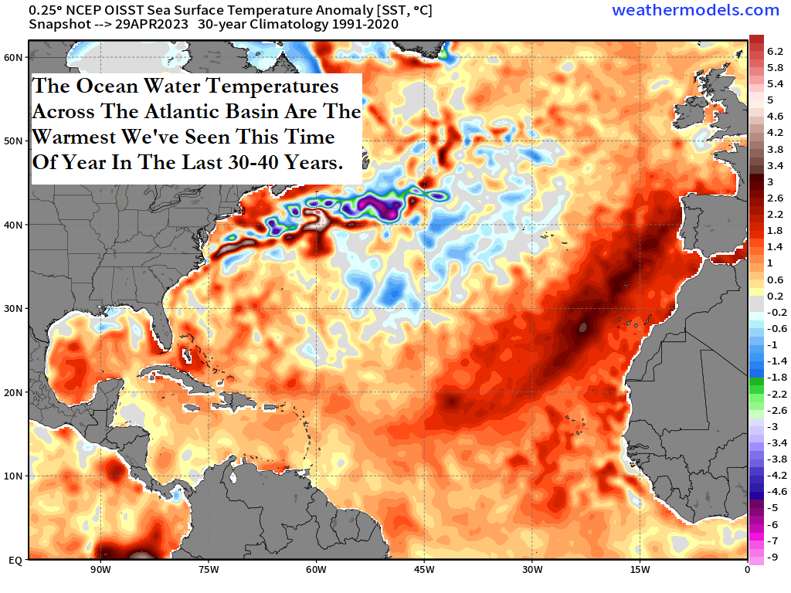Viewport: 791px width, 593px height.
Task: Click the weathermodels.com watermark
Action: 695,10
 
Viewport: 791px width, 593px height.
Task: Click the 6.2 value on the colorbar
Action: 775,51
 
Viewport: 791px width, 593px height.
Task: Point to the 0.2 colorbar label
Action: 775,296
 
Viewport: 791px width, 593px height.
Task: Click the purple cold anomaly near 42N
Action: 379,205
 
